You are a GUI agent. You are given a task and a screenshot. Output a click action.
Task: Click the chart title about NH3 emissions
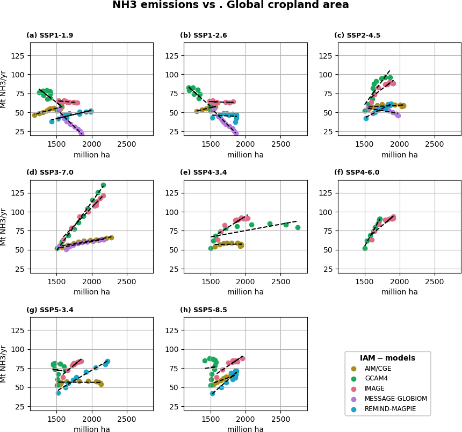coord(230,5)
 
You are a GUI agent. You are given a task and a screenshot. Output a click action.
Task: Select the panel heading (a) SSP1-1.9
coord(49,36)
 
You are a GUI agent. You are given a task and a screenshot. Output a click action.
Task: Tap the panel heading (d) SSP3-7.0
coord(49,173)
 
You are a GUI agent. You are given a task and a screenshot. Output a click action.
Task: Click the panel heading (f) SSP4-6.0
coord(357,173)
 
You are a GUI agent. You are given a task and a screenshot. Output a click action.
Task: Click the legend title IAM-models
coord(387,358)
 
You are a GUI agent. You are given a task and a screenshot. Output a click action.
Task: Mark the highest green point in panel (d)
coord(103,185)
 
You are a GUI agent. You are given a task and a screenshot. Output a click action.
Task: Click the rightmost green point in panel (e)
coord(298,227)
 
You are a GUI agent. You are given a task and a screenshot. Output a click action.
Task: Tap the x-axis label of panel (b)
coord(246,155)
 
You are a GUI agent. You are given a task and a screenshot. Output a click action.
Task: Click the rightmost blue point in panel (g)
coord(107,362)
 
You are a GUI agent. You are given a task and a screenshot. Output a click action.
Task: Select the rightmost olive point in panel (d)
coord(111,237)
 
